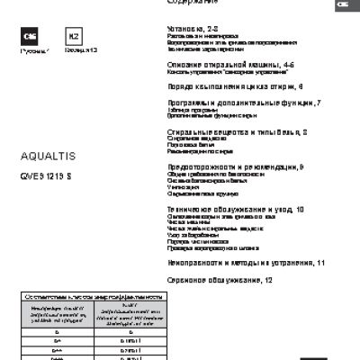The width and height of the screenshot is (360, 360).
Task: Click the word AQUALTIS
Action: [x=43, y=155]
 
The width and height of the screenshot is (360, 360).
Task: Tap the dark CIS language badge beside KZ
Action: [x=29, y=36]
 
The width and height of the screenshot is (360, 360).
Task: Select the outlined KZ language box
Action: [x=72, y=36]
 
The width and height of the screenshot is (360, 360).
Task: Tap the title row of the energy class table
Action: [x=94, y=296]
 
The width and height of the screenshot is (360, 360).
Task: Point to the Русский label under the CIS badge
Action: [x=30, y=50]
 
